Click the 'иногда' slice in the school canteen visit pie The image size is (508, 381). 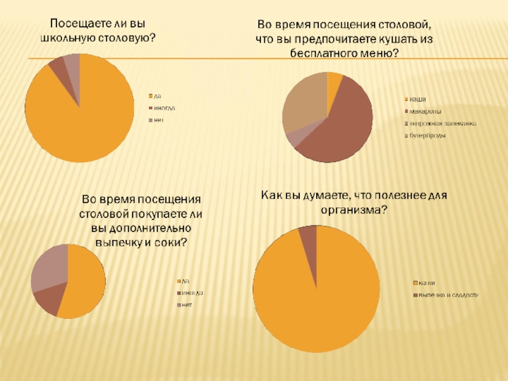(x=57, y=66)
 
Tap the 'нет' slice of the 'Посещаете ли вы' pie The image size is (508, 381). (x=72, y=61)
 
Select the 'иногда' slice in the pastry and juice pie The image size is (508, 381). (x=47, y=300)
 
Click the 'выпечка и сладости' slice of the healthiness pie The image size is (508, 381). (x=308, y=235)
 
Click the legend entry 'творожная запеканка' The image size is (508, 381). (x=442, y=123)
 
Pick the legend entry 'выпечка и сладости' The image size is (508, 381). (x=448, y=295)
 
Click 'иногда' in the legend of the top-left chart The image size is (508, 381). (x=164, y=108)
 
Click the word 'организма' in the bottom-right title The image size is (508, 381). (x=354, y=210)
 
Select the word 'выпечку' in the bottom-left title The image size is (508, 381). (x=119, y=243)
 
